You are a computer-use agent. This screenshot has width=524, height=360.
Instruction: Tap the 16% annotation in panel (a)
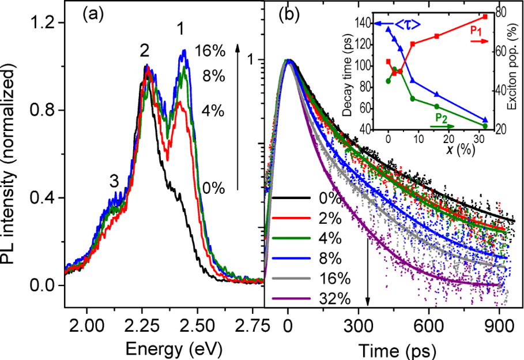click(209, 51)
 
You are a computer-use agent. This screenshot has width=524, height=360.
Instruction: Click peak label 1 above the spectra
click(181, 28)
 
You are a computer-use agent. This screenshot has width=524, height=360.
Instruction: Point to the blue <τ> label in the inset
click(406, 24)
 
